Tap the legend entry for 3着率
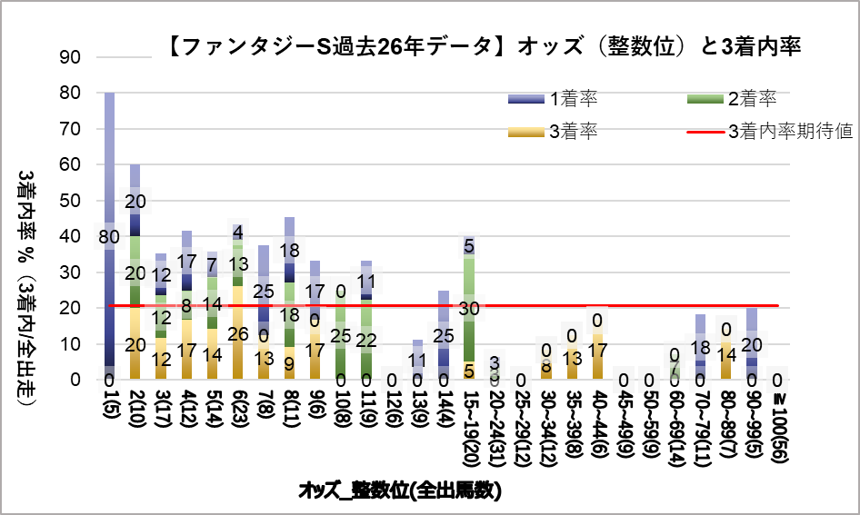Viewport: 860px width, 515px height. (573, 132)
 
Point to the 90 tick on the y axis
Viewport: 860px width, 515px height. (69, 57)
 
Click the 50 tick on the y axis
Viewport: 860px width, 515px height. (69, 201)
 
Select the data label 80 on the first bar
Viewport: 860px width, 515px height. (109, 237)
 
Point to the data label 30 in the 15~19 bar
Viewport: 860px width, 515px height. (469, 309)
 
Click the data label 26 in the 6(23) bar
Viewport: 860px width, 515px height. (238, 333)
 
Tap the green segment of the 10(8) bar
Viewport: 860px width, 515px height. (341, 345)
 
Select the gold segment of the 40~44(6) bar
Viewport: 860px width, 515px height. (597, 363)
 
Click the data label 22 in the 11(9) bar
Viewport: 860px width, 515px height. (366, 341)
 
